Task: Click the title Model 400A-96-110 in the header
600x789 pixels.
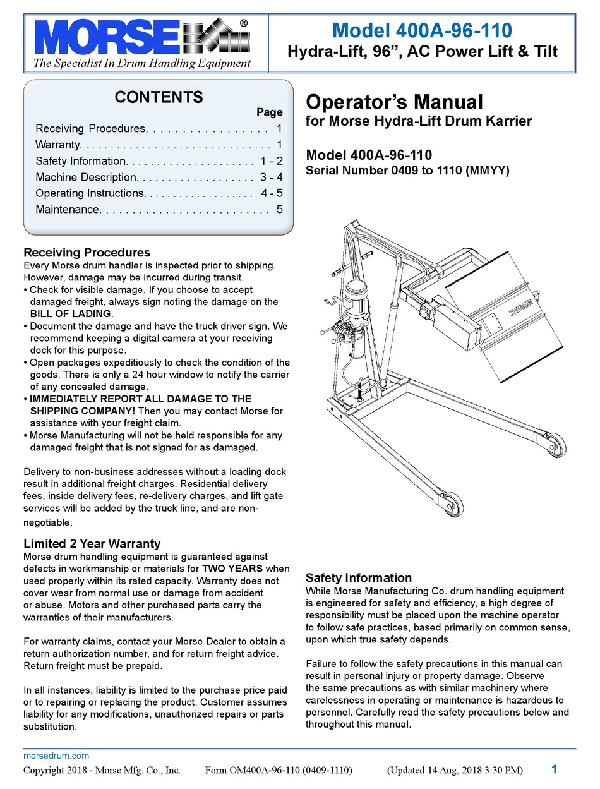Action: tap(422, 30)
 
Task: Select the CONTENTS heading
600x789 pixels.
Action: tap(159, 97)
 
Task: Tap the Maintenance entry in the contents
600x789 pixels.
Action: tap(67, 209)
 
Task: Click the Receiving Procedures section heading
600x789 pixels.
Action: tap(87, 253)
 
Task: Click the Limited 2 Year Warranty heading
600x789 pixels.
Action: tap(92, 543)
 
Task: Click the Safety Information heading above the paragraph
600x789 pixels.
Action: tap(358, 577)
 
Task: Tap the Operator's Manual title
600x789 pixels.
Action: tap(394, 102)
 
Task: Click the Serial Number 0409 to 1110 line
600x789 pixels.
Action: tap(407, 170)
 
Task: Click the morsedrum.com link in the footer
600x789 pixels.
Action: tap(56, 756)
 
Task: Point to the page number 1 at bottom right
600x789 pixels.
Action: tap(554, 769)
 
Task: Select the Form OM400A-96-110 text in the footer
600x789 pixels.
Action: tap(279, 770)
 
